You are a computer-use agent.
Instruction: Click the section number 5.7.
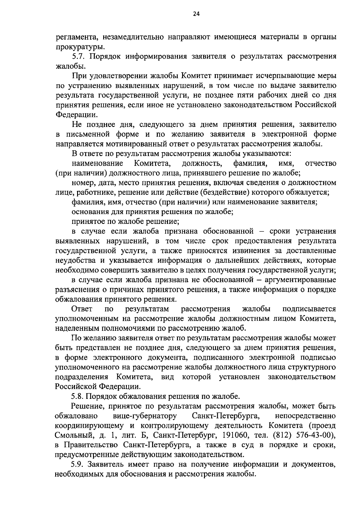click(79, 56)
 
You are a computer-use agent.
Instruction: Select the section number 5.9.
click(79, 464)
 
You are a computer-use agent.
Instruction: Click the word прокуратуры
click(80, 47)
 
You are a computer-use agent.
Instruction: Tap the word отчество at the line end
click(320, 164)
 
